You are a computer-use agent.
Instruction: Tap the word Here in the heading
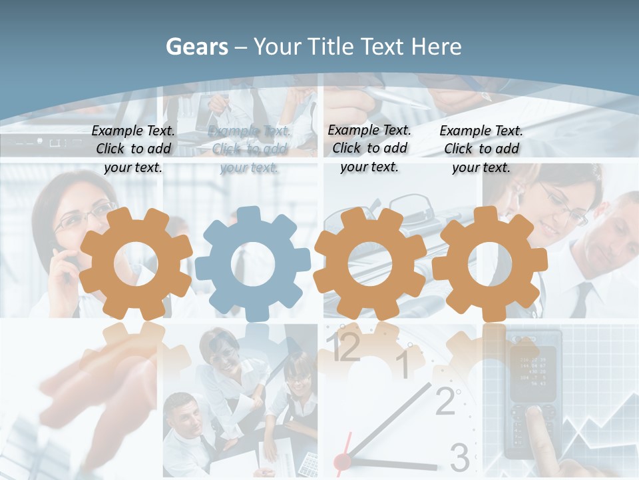click(x=437, y=47)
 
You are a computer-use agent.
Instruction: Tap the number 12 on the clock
click(x=345, y=347)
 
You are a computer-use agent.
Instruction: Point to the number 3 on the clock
click(x=459, y=457)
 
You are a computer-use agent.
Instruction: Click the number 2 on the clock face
click(x=445, y=401)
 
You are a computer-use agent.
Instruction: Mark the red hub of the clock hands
click(x=342, y=461)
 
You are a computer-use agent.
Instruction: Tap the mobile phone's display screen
click(x=532, y=369)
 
